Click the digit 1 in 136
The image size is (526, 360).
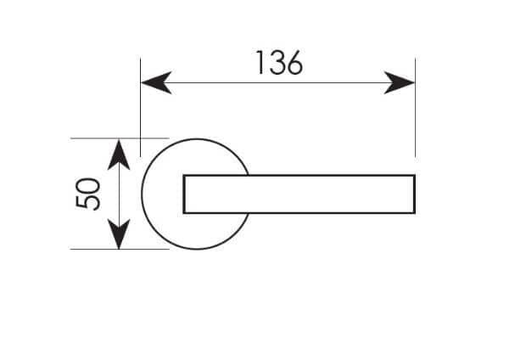(x=260, y=63)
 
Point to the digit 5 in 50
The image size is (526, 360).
(x=88, y=201)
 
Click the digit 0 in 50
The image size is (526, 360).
(x=88, y=185)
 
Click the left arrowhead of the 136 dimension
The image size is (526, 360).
(x=156, y=82)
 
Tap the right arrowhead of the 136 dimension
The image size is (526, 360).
(x=400, y=82)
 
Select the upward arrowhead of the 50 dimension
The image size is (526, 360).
(x=119, y=155)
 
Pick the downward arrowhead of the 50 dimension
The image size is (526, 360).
(x=119, y=234)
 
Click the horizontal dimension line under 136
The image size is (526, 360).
(x=277, y=82)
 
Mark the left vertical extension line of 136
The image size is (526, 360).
(x=140, y=108)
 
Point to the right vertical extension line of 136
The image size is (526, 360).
(x=416, y=108)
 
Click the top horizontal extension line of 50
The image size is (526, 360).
(x=120, y=138)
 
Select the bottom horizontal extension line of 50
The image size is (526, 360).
(x=120, y=249)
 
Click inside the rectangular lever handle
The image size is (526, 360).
(x=299, y=194)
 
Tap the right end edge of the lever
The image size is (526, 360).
(x=415, y=194)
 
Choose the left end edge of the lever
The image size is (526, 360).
(x=184, y=194)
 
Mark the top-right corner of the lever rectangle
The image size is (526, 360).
(x=416, y=175)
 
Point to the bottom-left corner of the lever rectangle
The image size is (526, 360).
(x=183, y=213)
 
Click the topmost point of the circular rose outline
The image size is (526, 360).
(x=197, y=139)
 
